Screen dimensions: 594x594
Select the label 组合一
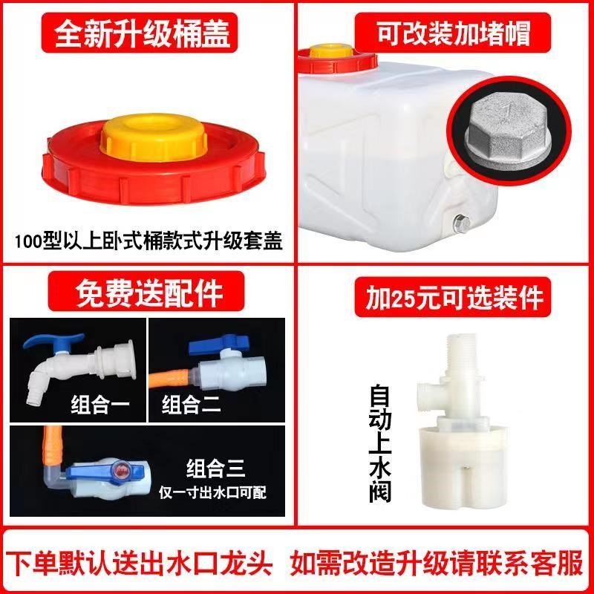97,405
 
